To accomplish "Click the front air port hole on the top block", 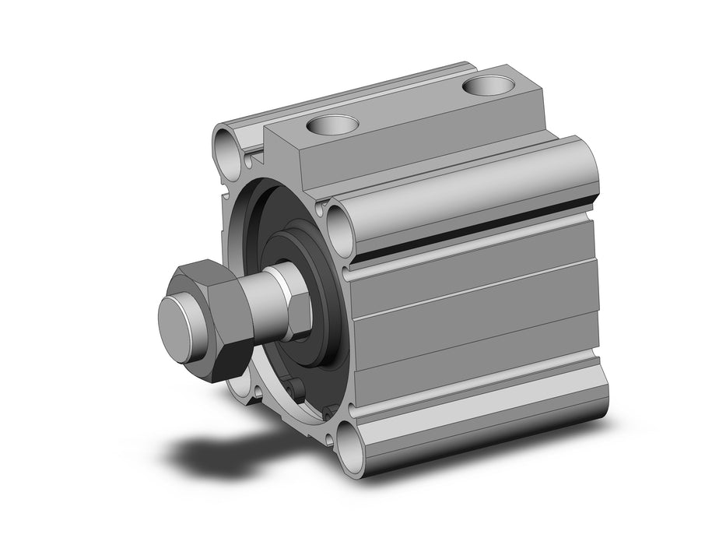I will pos(332,124).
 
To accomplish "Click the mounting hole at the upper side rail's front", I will pos(341,227).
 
